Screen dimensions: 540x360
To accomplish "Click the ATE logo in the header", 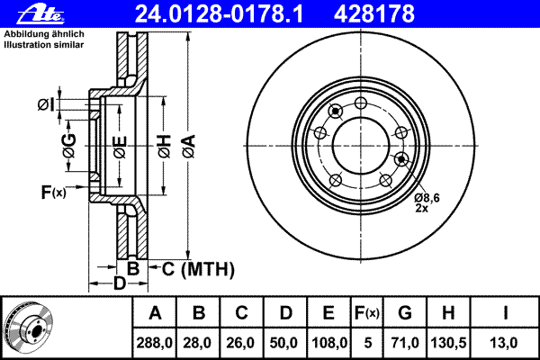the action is pos(40,14).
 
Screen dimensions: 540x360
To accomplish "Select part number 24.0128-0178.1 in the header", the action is pos(219,14).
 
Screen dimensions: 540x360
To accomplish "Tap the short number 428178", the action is pos(374,14).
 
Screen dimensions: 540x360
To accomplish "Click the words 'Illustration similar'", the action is pos(44,45).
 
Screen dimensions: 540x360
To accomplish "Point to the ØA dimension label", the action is pos(189,147).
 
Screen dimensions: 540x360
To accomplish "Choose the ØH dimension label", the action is pos(165,147).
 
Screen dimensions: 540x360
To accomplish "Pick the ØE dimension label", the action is pos(120,147).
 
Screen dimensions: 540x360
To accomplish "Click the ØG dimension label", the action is pos(69,146).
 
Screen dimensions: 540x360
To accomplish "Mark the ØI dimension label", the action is pos(46,104).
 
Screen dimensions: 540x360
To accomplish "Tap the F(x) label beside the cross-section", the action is pos(53,192).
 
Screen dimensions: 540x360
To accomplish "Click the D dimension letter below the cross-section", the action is pos(120,283).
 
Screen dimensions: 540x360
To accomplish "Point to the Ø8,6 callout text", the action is pos(427,198).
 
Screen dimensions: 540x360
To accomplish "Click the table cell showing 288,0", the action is pos(154,343).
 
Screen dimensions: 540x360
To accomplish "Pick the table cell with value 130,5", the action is pos(448,343).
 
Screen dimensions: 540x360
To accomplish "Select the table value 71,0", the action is pos(405,343).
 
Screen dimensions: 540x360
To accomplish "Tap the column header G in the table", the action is pos(405,313).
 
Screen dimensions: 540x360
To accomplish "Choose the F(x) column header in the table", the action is pos(367,313).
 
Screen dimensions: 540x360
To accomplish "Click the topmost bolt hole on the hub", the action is pos(361,103).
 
